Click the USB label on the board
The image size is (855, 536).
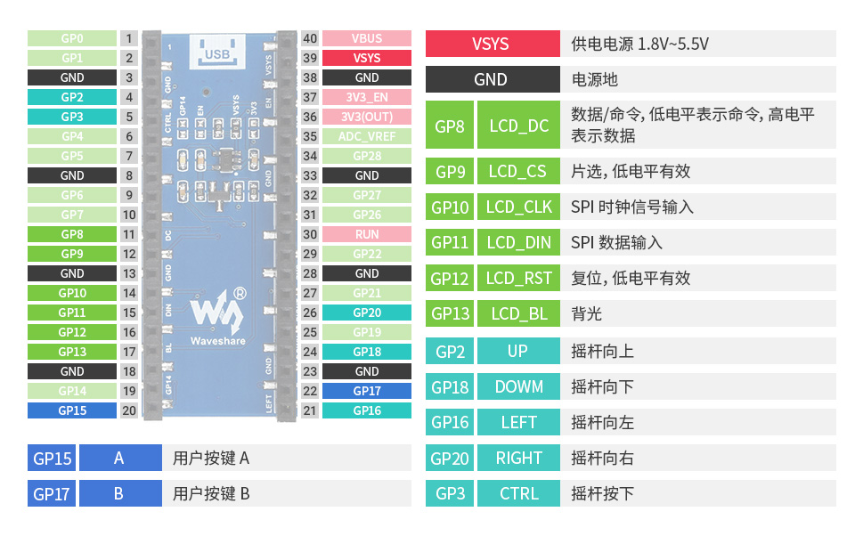(x=217, y=53)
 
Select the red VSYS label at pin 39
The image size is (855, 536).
(x=367, y=58)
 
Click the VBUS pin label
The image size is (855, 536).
(x=367, y=38)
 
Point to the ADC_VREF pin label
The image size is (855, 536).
(x=367, y=136)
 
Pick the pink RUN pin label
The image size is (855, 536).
(x=367, y=234)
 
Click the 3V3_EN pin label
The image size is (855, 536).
(x=367, y=97)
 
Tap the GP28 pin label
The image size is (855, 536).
(x=367, y=156)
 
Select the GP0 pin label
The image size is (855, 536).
(x=72, y=38)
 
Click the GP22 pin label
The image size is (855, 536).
(x=367, y=254)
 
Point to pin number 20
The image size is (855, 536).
(x=129, y=410)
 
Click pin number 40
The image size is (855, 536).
(x=310, y=38)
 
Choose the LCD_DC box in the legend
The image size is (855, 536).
(x=519, y=126)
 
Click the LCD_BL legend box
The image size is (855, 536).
(x=519, y=313)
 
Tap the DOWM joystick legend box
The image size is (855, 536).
(x=519, y=386)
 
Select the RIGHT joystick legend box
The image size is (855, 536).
(x=519, y=458)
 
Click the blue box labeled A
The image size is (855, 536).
(x=119, y=458)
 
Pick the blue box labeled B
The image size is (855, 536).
(x=119, y=493)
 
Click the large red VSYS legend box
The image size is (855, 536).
(x=491, y=44)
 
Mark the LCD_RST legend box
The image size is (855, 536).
(x=519, y=278)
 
